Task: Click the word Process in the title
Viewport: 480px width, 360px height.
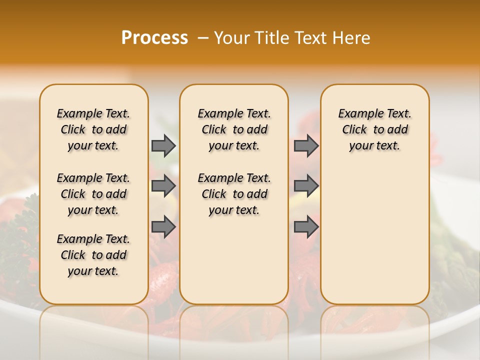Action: pos(154,38)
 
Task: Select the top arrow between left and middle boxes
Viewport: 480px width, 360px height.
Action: pos(163,145)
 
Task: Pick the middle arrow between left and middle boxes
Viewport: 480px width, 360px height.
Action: pos(163,186)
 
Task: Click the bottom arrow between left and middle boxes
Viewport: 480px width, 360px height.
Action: pos(163,226)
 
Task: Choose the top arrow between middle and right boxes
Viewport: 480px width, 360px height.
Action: pos(306,145)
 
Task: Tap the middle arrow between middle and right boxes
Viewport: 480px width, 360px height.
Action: pos(306,186)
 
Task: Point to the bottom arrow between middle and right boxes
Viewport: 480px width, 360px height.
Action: pos(306,226)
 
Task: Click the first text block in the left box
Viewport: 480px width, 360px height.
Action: pos(93,129)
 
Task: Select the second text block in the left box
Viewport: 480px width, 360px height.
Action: pos(93,194)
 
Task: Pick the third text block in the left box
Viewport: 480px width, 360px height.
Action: pos(93,255)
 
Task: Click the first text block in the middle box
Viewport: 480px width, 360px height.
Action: pos(234,129)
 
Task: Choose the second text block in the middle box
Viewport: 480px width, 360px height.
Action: pos(234,194)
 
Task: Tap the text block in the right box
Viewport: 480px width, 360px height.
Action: pos(374,129)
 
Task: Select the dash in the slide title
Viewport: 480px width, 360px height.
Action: pos(203,38)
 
